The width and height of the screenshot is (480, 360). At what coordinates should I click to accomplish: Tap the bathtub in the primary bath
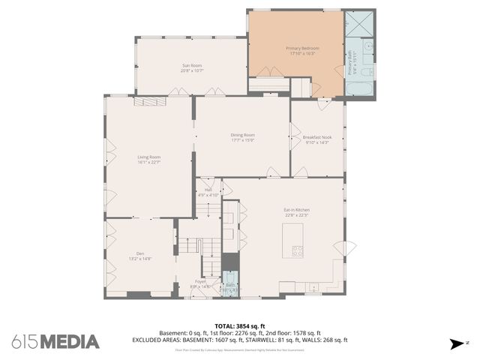(359, 88)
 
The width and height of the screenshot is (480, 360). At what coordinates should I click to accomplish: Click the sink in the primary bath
(367, 46)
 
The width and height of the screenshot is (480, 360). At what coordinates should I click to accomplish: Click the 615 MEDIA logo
(55, 342)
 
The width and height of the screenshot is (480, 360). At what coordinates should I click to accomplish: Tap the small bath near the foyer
(231, 285)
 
